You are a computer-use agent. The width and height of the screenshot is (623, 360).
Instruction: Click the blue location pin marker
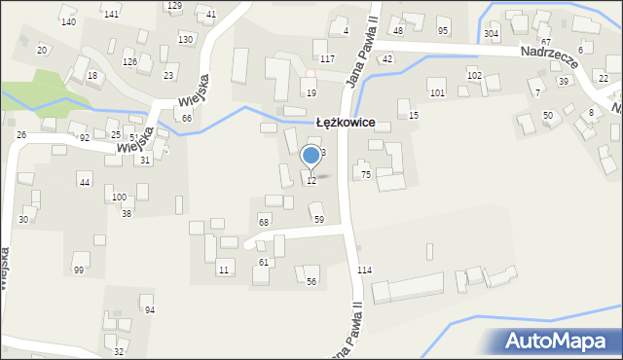311,156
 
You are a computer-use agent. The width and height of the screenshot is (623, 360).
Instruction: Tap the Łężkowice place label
352,124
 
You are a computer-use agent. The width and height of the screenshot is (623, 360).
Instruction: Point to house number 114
364,270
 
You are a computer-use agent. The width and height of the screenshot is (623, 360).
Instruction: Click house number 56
311,282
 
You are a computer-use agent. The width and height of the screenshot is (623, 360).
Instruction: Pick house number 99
78,270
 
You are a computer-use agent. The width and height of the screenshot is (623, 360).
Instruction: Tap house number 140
68,21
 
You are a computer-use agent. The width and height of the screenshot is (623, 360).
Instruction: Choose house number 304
491,33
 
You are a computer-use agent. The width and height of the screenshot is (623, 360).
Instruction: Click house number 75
366,174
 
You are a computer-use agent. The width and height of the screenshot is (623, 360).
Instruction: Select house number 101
437,93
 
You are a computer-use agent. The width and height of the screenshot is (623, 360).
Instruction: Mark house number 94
149,310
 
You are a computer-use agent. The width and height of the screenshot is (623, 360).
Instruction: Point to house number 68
263,223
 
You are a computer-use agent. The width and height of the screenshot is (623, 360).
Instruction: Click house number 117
327,59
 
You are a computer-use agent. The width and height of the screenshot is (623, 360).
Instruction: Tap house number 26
21,135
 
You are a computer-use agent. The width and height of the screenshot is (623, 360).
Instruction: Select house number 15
414,116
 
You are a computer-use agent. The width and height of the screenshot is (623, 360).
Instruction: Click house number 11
223,270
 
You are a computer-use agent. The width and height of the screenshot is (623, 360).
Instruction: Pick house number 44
85,183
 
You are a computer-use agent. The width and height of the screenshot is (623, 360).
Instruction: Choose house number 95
443,31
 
